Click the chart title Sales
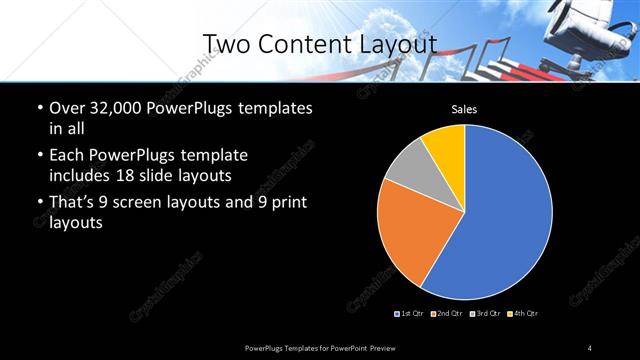click(464, 109)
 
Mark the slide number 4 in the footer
click(590, 347)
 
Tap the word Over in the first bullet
click(66, 107)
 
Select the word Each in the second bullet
click(67, 156)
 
